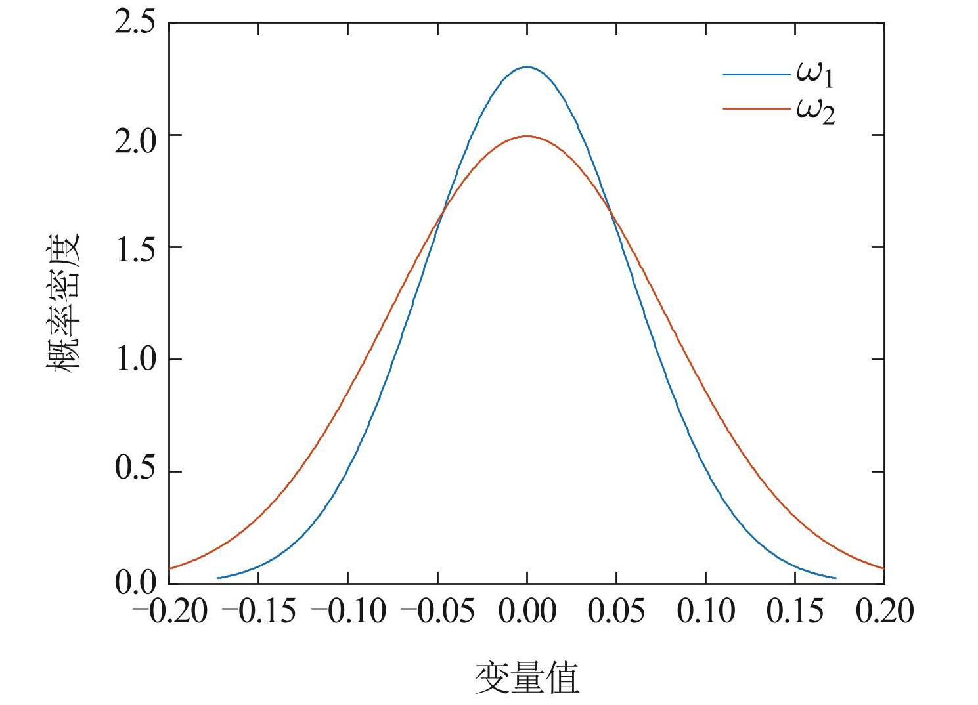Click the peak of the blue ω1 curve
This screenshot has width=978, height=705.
click(x=527, y=67)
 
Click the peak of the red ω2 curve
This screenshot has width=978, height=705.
click(x=527, y=137)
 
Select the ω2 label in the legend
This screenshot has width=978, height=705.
click(x=815, y=112)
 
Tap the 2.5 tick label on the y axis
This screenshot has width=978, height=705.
click(x=135, y=23)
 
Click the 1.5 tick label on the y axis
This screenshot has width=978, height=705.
click(x=135, y=247)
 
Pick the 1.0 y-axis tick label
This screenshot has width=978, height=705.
click(x=135, y=360)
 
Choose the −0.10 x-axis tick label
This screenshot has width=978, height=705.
click(x=348, y=611)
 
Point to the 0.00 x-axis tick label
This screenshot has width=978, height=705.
click(x=527, y=611)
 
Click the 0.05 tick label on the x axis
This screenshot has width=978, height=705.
click(x=616, y=611)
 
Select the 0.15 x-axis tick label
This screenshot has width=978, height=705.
click(x=795, y=611)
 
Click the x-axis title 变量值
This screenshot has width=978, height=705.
click(x=527, y=678)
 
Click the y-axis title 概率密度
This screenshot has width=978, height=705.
click(x=63, y=303)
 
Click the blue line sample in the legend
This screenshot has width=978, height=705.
click(x=756, y=75)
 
